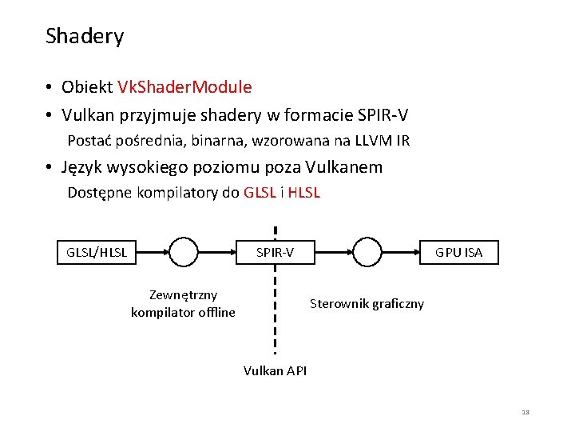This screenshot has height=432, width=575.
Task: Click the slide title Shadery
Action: click(x=85, y=37)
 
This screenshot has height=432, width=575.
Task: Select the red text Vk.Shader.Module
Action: click(x=184, y=86)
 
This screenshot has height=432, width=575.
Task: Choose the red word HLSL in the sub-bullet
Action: click(x=303, y=192)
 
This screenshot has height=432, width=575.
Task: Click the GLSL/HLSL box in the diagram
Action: click(x=97, y=252)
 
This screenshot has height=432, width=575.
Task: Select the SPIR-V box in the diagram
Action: click(x=275, y=252)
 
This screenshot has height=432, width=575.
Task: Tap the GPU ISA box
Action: click(x=458, y=252)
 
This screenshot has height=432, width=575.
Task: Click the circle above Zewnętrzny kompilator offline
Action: click(x=183, y=252)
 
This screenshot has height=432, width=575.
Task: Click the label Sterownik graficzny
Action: click(x=367, y=303)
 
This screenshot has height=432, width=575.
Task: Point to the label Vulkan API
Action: click(x=275, y=370)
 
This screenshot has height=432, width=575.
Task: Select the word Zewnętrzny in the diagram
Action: click(x=183, y=295)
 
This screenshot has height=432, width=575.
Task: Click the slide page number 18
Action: click(x=525, y=412)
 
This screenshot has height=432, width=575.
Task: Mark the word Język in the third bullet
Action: click(x=84, y=167)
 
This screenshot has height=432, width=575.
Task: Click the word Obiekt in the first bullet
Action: click(x=87, y=86)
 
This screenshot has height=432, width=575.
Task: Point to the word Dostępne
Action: click(x=101, y=192)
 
